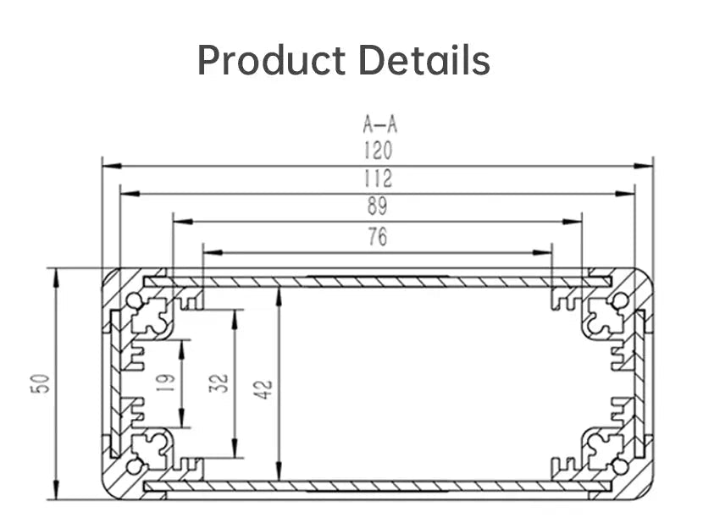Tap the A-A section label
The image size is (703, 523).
[379, 125]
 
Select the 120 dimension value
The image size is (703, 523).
[378, 151]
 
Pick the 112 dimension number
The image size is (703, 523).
[378, 179]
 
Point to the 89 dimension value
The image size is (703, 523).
[378, 206]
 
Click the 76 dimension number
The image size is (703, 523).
[378, 238]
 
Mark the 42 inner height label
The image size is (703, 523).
[264, 388]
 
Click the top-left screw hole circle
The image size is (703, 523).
[134, 300]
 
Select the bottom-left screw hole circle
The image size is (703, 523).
[134, 466]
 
